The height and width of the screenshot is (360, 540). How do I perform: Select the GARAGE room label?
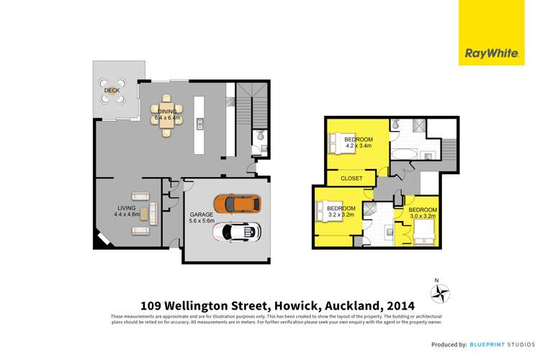(201, 215)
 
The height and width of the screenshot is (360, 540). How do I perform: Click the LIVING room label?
(126, 207)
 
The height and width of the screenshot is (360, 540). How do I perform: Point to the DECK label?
(112, 91)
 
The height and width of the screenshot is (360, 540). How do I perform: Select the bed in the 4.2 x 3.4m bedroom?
(338, 145)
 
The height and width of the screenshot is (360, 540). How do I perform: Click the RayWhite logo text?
(488, 52)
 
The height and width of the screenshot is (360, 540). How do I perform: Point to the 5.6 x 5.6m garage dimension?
(202, 222)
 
